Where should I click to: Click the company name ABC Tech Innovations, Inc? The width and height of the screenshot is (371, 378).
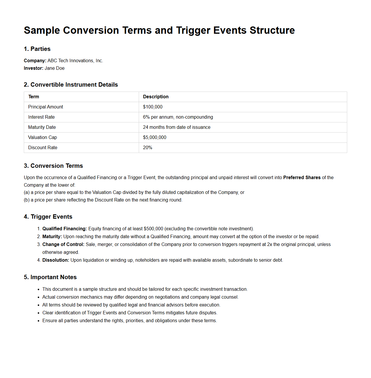[x=75, y=61]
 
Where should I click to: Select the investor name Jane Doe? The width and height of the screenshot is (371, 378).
[x=55, y=68]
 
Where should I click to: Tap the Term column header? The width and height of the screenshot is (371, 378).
[x=34, y=97]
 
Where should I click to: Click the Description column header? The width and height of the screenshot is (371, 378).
[x=156, y=97]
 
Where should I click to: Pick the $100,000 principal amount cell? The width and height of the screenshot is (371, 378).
[x=153, y=107]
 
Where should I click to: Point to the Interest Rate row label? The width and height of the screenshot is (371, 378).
[x=41, y=117]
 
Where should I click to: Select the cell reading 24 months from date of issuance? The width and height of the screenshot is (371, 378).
[x=177, y=127]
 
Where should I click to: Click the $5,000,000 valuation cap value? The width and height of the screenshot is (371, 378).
[x=154, y=138]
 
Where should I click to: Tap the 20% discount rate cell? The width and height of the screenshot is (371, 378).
[x=147, y=148]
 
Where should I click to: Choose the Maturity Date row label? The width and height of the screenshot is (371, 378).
[x=42, y=127]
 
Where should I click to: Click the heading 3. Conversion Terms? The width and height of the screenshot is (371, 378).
[x=53, y=166]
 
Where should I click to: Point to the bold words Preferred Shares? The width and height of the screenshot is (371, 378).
[x=302, y=178]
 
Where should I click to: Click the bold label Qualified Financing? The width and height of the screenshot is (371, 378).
[x=64, y=229]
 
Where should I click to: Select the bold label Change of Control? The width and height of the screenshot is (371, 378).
[x=63, y=245]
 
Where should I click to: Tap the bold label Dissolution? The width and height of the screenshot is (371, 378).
[x=56, y=260]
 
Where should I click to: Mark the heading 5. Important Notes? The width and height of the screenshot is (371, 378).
[x=50, y=277]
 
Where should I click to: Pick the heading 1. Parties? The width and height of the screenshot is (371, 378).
[x=37, y=49]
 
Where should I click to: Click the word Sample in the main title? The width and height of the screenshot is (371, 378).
[x=42, y=31]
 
